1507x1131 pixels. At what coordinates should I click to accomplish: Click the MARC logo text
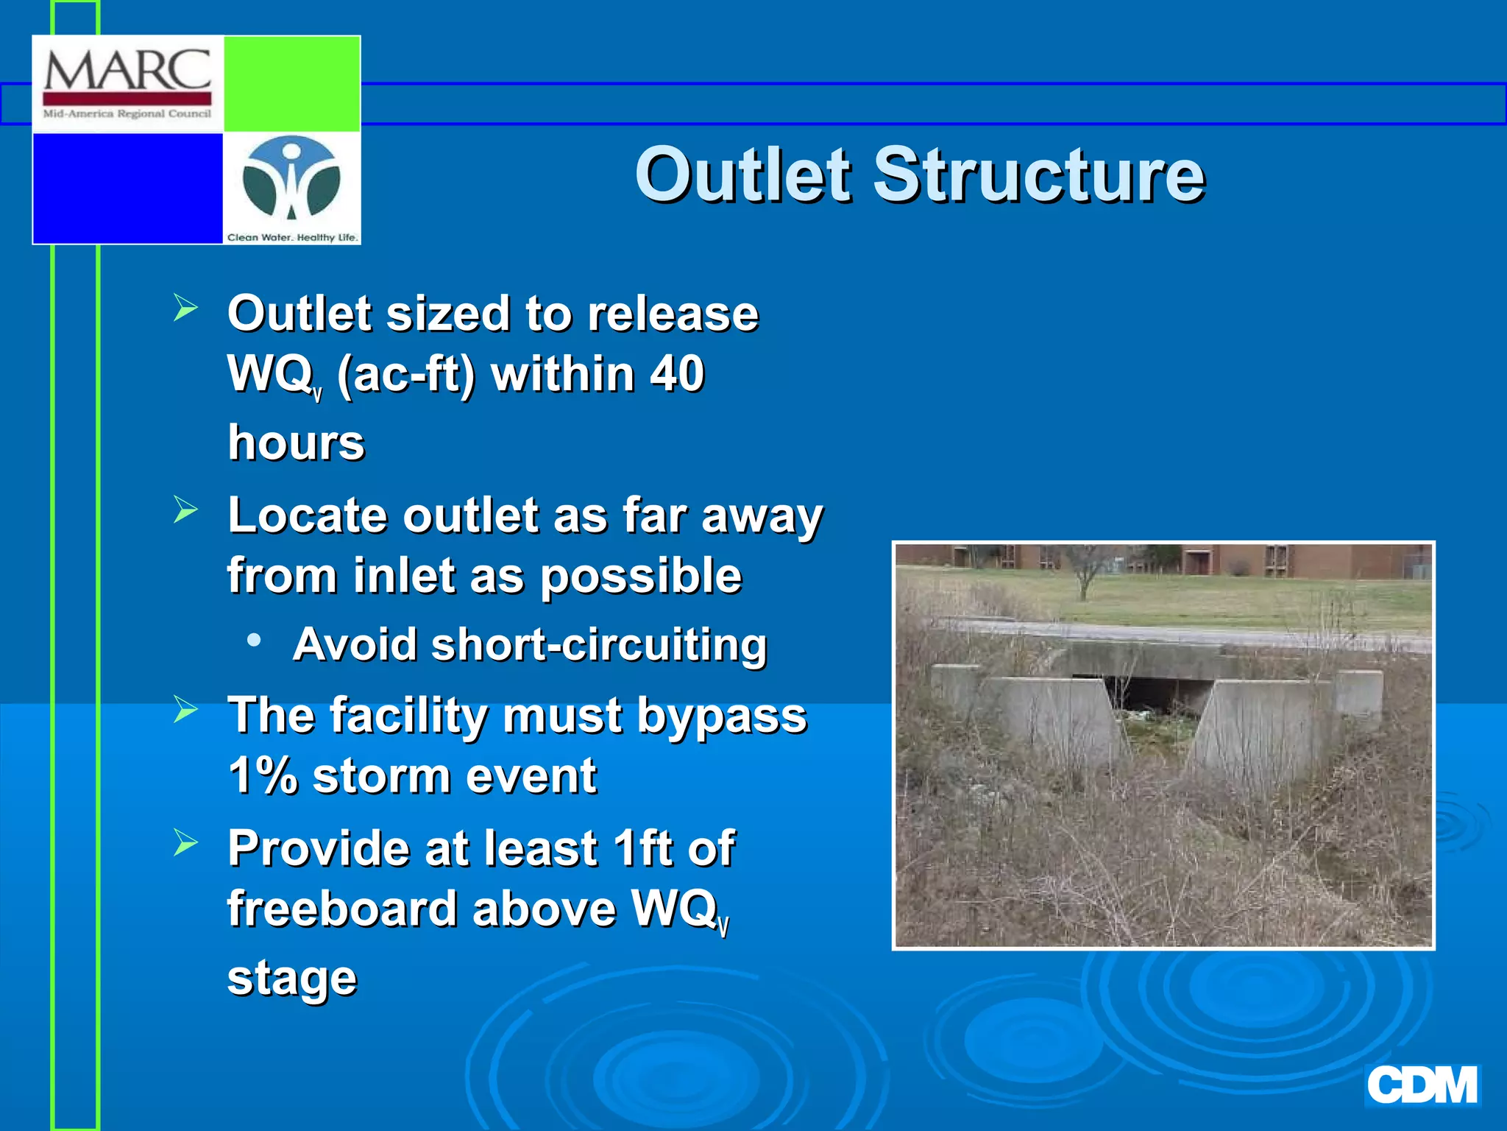[127, 71]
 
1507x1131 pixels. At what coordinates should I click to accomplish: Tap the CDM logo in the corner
[1422, 1085]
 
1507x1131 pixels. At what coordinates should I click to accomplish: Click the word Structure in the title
[1038, 175]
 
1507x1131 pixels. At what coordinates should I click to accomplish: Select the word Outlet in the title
[743, 175]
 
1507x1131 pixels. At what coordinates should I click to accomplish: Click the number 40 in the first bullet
[677, 373]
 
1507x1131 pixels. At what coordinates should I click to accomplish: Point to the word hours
[296, 442]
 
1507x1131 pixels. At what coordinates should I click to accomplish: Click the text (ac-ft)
[406, 374]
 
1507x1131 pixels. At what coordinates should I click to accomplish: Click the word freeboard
[343, 908]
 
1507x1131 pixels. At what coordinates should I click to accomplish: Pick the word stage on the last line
[291, 979]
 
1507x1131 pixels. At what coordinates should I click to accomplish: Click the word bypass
[721, 715]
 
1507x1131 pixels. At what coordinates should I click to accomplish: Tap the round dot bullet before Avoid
[254, 640]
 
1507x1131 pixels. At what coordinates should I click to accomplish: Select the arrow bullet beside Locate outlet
[185, 509]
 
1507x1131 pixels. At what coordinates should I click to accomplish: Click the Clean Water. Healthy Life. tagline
[292, 237]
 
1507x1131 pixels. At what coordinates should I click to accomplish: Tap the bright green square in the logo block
[291, 83]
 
